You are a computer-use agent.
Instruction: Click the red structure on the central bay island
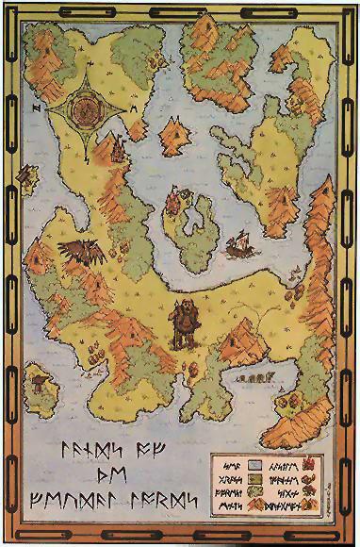[x=175, y=204]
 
